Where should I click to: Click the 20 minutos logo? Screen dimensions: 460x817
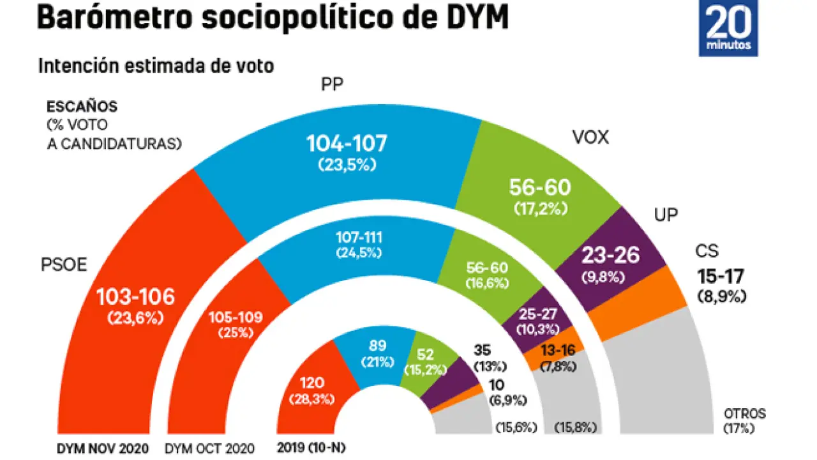pos(728,28)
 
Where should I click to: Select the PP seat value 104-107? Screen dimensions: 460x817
pos(347,144)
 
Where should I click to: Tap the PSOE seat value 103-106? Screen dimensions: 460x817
pos(135,296)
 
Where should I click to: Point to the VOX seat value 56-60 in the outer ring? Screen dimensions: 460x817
pos(539,187)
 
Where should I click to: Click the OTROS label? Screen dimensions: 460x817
pos(744,413)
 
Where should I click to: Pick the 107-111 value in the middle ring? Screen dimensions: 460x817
pos(358,237)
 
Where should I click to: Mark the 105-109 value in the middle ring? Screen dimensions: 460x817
pos(236,318)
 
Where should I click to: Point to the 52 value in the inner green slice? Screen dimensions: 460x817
pos(424,355)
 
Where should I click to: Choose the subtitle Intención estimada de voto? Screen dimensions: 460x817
pos(156,66)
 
